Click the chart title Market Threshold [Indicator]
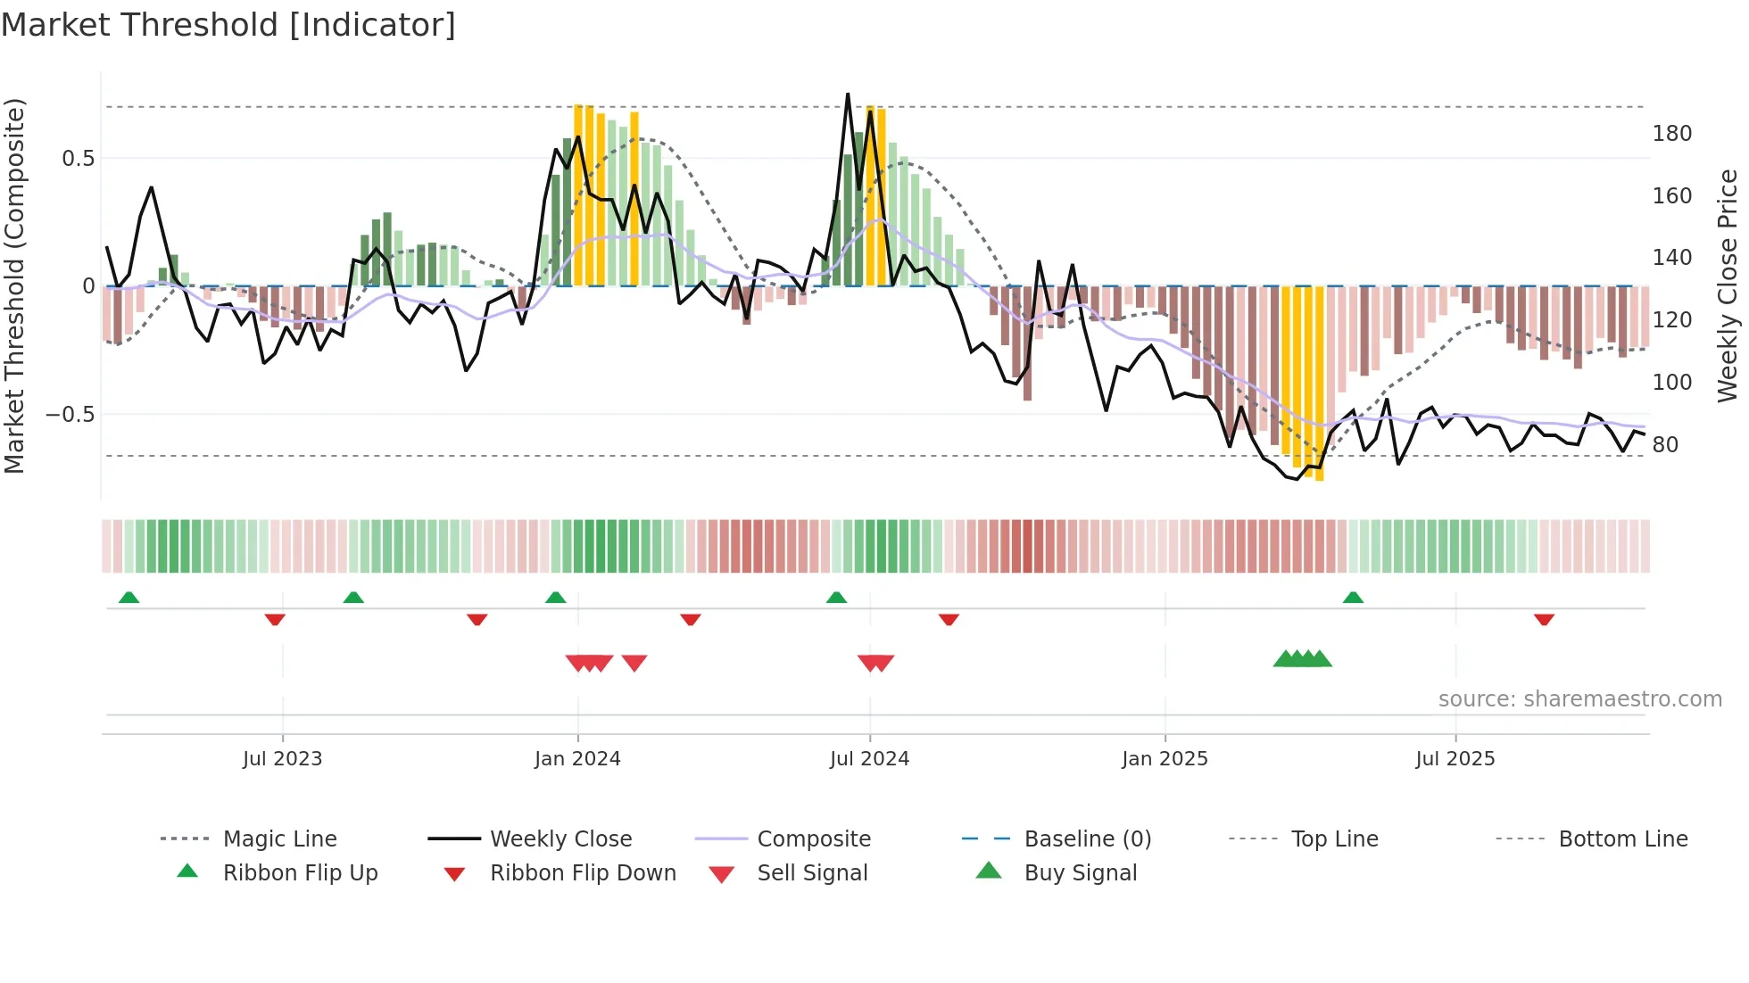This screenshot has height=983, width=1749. (x=228, y=25)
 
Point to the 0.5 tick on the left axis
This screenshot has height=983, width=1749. (x=78, y=159)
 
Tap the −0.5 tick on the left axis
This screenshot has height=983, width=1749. (x=70, y=415)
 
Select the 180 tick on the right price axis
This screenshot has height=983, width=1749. (x=1671, y=134)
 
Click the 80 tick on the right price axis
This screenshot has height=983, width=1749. (x=1665, y=444)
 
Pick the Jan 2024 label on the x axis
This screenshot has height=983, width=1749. (x=577, y=759)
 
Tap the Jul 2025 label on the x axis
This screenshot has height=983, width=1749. (x=1455, y=759)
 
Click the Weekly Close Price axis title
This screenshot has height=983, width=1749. (x=1728, y=285)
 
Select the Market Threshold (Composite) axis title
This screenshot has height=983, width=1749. (x=14, y=285)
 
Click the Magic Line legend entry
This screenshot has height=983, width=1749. (x=279, y=839)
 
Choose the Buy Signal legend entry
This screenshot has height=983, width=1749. (x=1080, y=873)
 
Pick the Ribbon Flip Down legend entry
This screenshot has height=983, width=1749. (x=582, y=873)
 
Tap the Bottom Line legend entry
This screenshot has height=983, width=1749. (x=1622, y=839)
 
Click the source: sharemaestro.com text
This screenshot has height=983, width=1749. (x=1579, y=699)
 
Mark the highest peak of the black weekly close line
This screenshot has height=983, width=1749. (x=848, y=95)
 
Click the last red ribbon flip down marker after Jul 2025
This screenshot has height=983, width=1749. (x=1545, y=619)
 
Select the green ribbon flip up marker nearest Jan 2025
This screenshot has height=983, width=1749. (x=1353, y=598)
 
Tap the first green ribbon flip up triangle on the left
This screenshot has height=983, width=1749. (x=128, y=598)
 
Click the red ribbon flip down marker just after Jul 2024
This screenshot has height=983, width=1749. (x=949, y=619)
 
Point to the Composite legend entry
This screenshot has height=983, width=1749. (x=813, y=839)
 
